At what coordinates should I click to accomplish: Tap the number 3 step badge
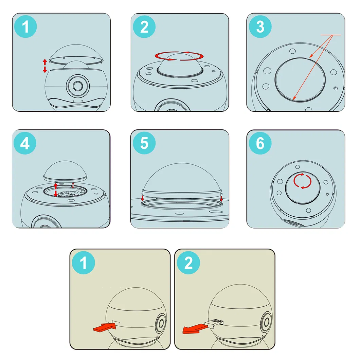click(260, 27)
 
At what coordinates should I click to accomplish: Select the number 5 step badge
click(144, 143)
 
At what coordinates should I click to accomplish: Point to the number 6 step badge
click(260, 143)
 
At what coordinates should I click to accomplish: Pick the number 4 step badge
click(25, 143)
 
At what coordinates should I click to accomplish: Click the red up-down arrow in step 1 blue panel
click(44, 66)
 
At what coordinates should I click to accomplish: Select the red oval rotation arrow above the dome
click(179, 56)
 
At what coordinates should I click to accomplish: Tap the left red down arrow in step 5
click(142, 198)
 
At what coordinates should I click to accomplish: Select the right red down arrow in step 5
click(221, 198)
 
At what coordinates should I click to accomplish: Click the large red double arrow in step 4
click(56, 190)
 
